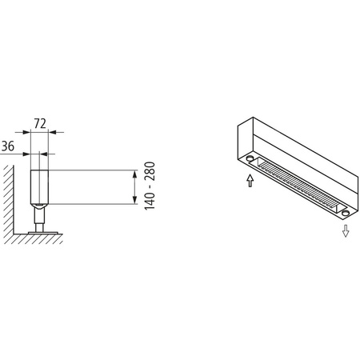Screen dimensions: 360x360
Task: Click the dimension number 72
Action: (38, 126)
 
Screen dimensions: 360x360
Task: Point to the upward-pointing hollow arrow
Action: (250, 182)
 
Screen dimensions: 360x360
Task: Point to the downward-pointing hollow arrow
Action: (346, 231)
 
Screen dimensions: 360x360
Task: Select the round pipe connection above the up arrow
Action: (251, 160)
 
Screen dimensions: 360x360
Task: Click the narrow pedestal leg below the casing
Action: (38, 216)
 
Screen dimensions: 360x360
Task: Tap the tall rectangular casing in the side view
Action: (38, 184)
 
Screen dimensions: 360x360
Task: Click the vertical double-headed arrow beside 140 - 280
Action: (131, 187)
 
